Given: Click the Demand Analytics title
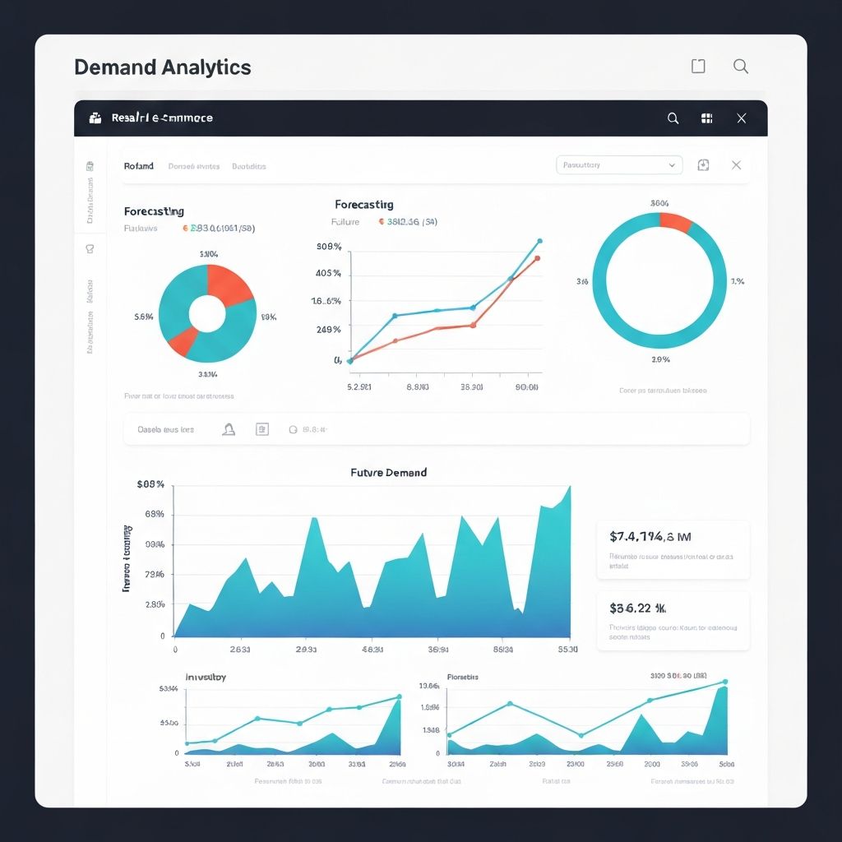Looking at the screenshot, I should pos(162,67).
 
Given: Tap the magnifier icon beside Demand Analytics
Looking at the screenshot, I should pos(740,67).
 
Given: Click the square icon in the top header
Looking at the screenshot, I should pos(698,67).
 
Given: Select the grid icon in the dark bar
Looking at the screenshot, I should pos(706,118).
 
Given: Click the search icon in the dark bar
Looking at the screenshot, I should pos(673,118).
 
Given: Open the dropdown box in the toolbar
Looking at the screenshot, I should pos(619,165).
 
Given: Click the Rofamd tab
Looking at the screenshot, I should pos(139,166).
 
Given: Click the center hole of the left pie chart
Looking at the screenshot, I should pos(207,313).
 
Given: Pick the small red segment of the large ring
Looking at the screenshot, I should pos(676,222).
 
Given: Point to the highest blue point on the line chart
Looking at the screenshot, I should pos(539,241).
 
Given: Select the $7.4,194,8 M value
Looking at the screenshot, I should pos(650,537).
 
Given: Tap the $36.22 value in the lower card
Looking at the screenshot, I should pos(637,608).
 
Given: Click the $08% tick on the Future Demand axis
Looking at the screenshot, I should pos(150,485).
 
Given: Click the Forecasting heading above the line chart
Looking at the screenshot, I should pos(363,204).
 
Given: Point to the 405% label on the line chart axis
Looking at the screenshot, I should pos(328,273).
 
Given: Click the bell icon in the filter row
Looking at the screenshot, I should pos(229,429).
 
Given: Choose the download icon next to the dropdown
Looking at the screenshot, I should pos(703,165).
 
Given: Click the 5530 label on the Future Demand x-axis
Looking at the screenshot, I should pos(567,650).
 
